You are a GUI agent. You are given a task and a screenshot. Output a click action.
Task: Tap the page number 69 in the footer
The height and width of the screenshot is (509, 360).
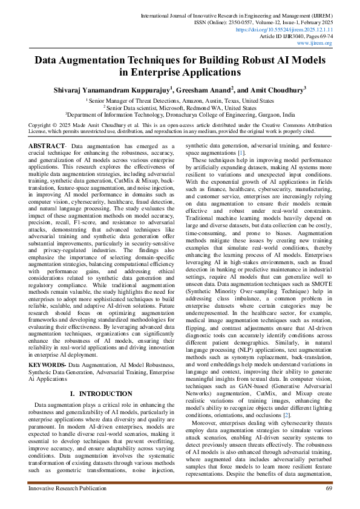click(x=329, y=488)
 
